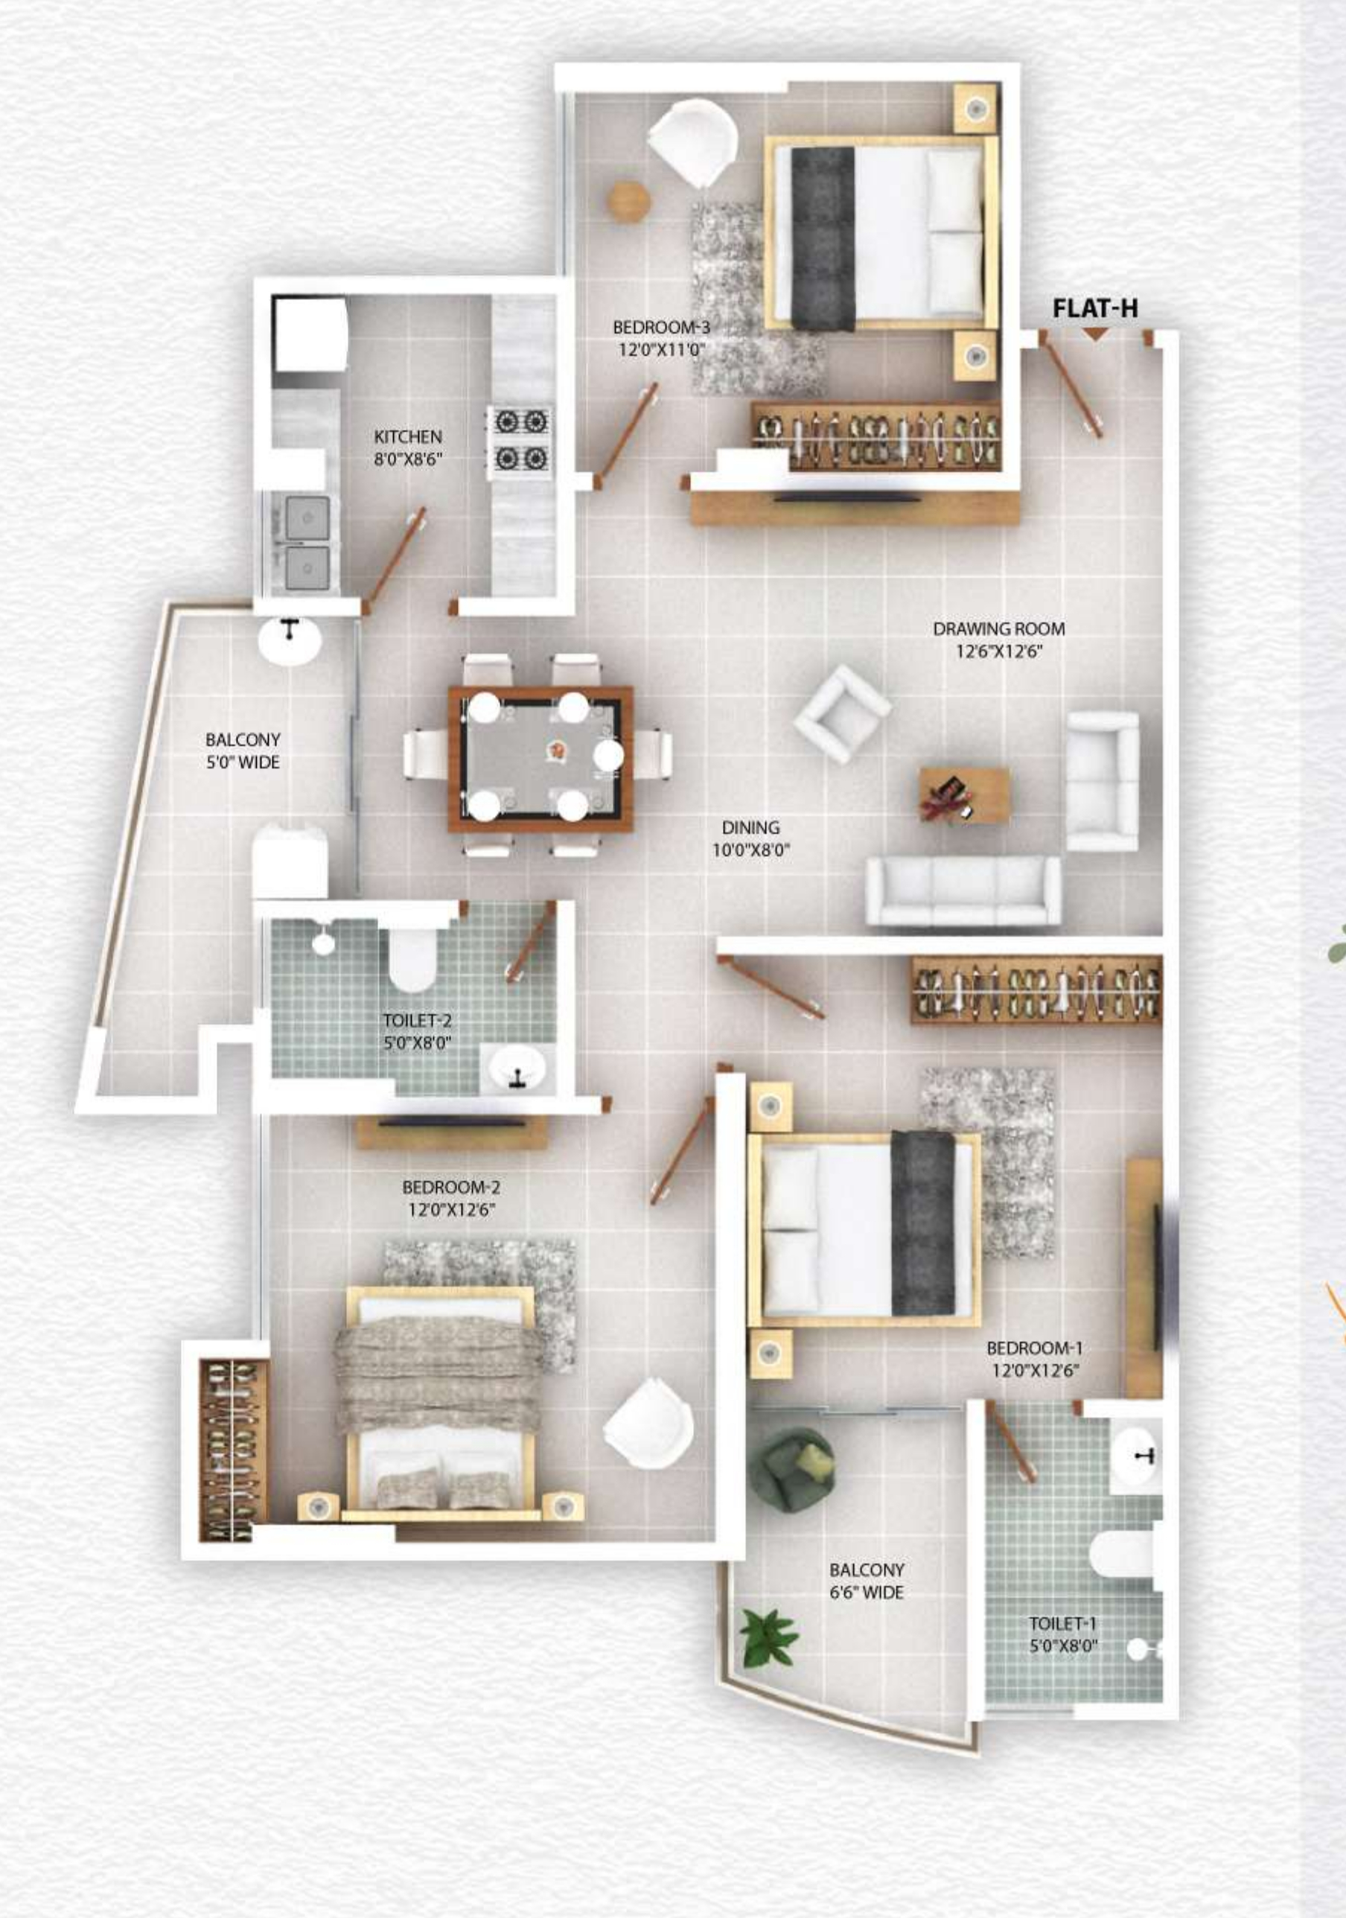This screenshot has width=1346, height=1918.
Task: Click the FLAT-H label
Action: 1094,308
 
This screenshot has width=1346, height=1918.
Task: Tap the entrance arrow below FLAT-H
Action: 1095,334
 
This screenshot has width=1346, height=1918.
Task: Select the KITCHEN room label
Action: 408,436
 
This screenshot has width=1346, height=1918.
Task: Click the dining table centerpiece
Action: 555,751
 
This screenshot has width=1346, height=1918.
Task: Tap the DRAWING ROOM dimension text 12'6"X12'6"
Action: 998,651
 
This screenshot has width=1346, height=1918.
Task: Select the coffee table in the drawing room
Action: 963,795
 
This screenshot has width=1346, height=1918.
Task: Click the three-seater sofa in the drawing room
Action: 963,891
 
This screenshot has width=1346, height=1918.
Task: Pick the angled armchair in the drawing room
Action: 841,713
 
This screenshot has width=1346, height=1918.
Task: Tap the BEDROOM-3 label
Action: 661,328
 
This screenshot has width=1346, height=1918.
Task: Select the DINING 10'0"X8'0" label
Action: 750,838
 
